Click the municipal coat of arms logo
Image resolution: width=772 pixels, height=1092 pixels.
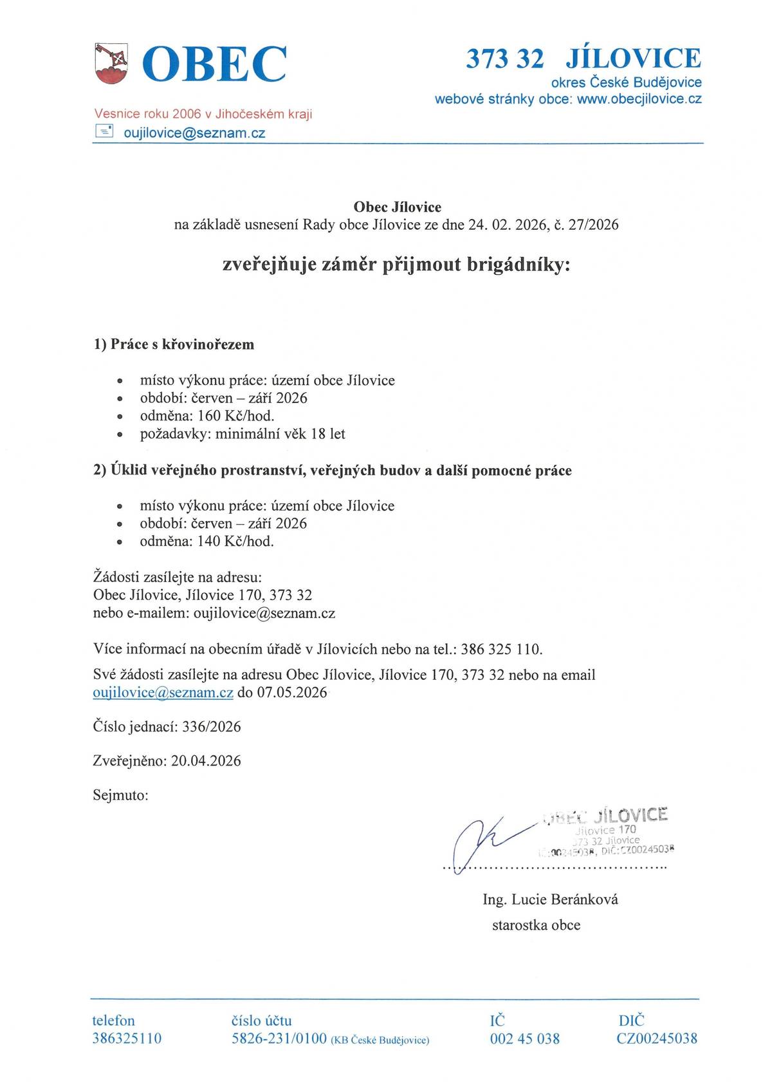pyautogui.click(x=111, y=63)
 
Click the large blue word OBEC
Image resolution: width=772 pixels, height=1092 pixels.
pyautogui.click(x=214, y=64)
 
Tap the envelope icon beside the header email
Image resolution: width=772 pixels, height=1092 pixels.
pyautogui.click(x=104, y=132)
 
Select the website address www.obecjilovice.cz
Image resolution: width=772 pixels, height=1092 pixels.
pyautogui.click(x=639, y=99)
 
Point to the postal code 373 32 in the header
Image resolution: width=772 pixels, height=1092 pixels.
pyautogui.click(x=504, y=59)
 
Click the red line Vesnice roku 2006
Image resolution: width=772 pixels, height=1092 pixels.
pyautogui.click(x=203, y=114)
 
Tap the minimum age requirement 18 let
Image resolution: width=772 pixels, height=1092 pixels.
pyautogui.click(x=328, y=434)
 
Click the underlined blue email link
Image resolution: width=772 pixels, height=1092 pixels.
pyautogui.click(x=163, y=693)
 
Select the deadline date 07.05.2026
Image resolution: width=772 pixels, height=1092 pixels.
pyautogui.click(x=292, y=693)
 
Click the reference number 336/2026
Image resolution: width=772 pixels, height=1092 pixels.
pyautogui.click(x=212, y=727)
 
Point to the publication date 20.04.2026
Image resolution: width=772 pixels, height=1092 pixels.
pyautogui.click(x=206, y=761)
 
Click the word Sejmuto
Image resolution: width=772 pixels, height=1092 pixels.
pyautogui.click(x=120, y=795)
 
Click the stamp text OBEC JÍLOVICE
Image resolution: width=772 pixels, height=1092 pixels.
pyautogui.click(x=606, y=816)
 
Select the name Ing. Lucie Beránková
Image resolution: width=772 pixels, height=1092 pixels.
pyautogui.click(x=550, y=899)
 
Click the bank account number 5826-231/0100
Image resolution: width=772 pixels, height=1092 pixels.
pyautogui.click(x=279, y=1039)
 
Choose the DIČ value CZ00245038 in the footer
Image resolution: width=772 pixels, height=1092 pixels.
pyautogui.click(x=657, y=1039)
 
